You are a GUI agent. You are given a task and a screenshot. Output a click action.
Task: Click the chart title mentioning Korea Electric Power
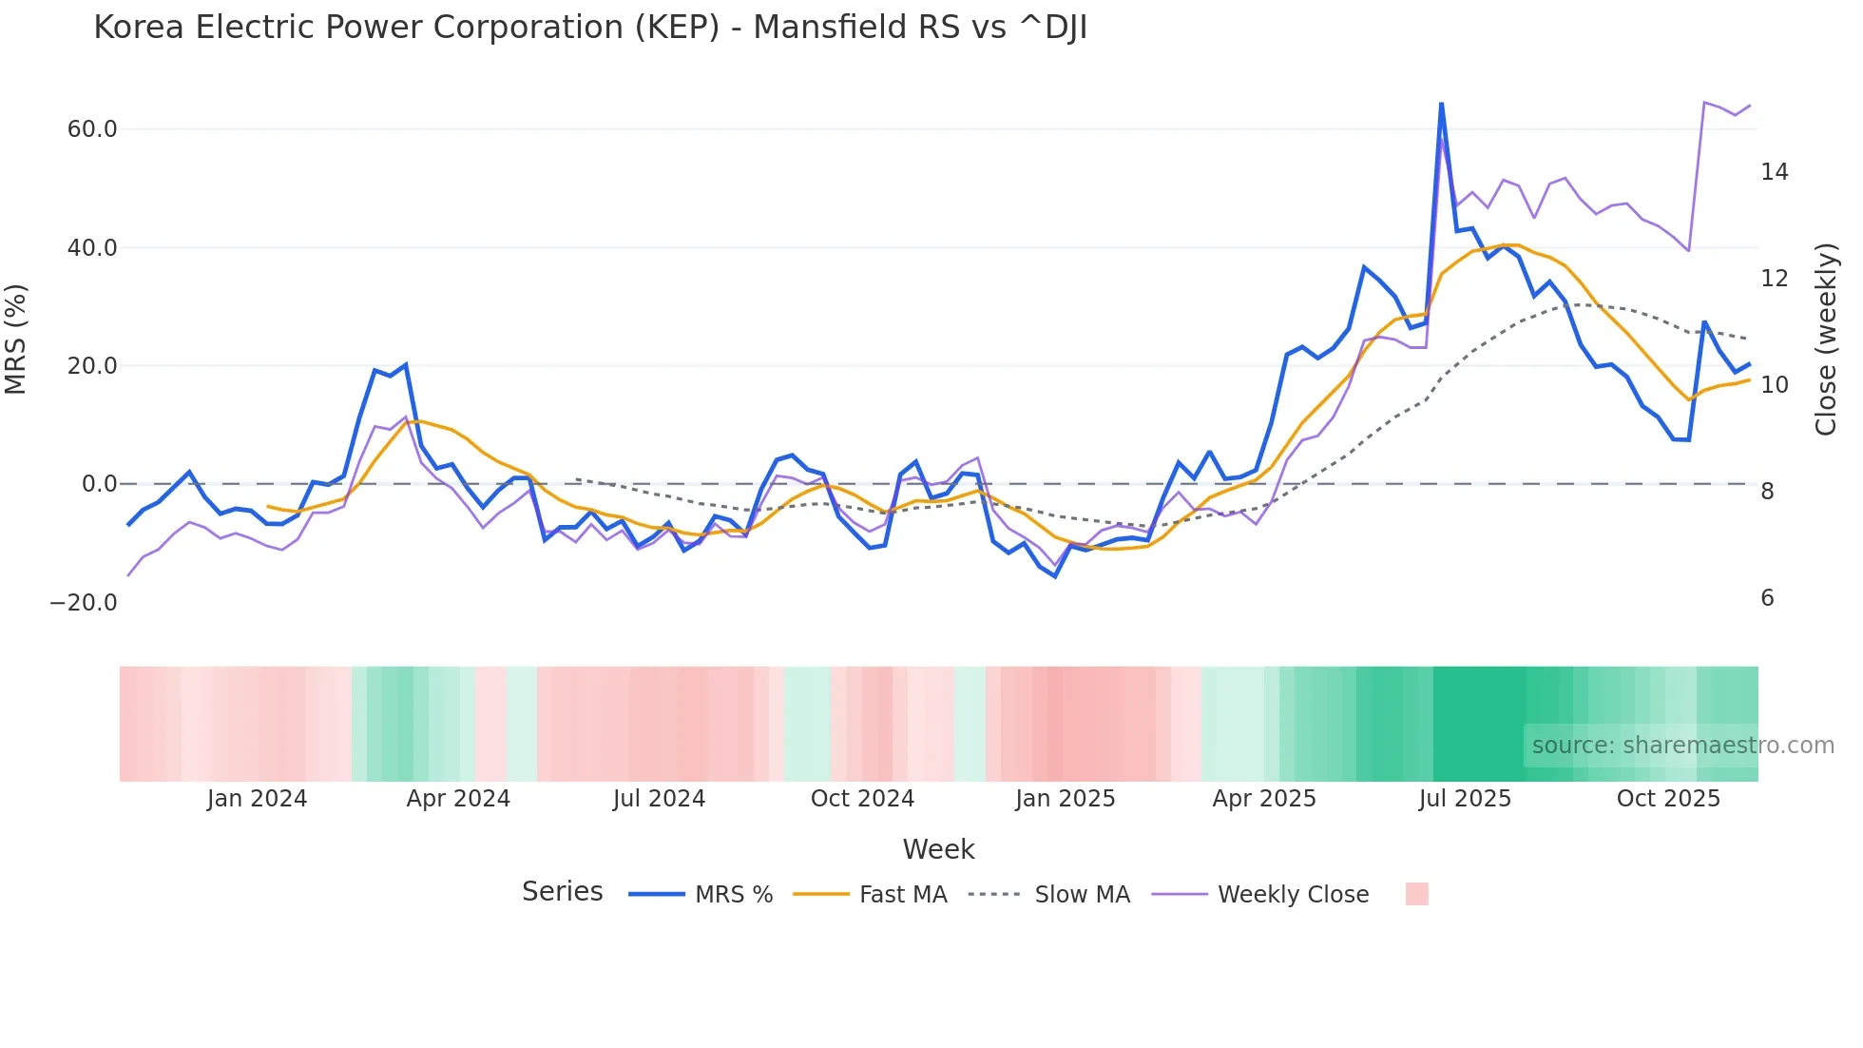(x=589, y=28)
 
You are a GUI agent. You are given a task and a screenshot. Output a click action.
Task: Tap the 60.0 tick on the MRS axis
(x=92, y=129)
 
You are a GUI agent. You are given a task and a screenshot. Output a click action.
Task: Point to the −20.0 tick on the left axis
(x=84, y=603)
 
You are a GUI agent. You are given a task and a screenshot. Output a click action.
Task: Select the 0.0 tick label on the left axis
(x=99, y=484)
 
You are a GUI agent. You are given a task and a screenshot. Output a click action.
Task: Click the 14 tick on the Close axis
(x=1774, y=172)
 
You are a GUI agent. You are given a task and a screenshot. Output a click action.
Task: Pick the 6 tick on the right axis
(x=1767, y=598)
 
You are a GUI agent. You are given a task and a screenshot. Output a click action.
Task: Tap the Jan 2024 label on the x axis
(x=257, y=799)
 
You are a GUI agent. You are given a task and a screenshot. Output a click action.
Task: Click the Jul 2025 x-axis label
(x=1465, y=799)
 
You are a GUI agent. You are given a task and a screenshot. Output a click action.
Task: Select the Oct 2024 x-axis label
(x=862, y=799)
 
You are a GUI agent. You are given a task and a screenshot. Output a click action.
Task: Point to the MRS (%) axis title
(x=16, y=340)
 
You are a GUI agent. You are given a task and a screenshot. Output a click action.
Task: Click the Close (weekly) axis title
(x=1826, y=340)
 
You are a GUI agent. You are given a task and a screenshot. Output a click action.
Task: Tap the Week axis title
(x=938, y=849)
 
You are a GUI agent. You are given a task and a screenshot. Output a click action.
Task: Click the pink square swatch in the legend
(x=1416, y=894)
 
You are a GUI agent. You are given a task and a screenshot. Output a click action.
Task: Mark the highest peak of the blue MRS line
(x=1441, y=104)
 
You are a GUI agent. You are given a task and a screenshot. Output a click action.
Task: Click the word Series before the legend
(x=562, y=892)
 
